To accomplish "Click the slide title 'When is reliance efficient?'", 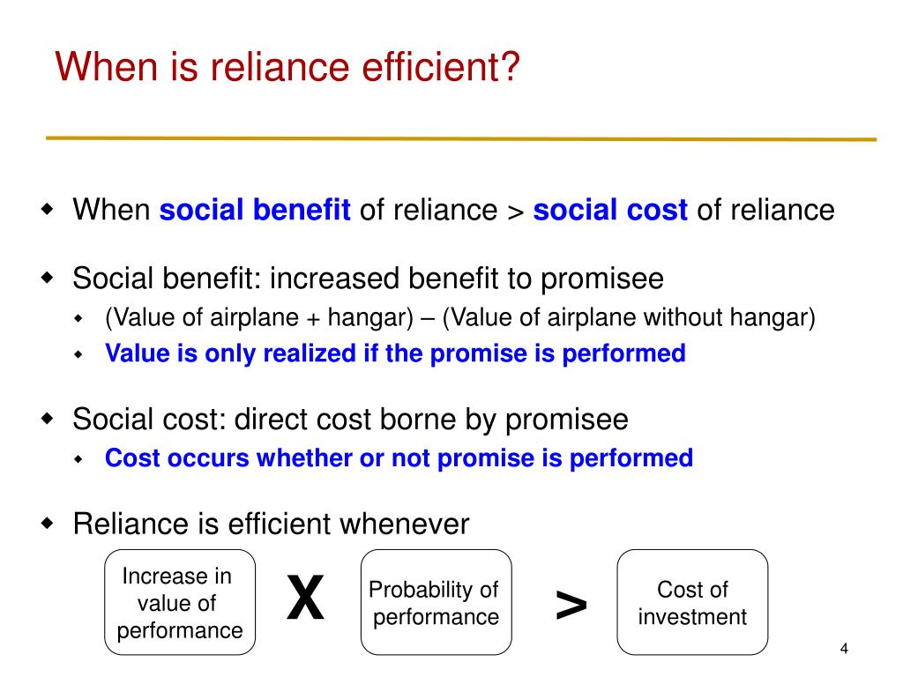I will (286, 67).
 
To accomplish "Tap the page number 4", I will (844, 650).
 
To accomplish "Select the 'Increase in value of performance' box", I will (180, 603).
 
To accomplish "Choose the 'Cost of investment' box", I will (692, 603).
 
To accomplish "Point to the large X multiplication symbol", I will (305, 599).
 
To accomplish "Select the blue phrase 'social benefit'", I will (255, 211).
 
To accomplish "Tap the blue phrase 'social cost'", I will (610, 211).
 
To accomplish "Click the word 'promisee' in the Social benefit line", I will (601, 279).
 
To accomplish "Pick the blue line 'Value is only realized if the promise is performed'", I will (395, 353).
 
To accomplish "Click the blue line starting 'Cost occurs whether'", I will (399, 458).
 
